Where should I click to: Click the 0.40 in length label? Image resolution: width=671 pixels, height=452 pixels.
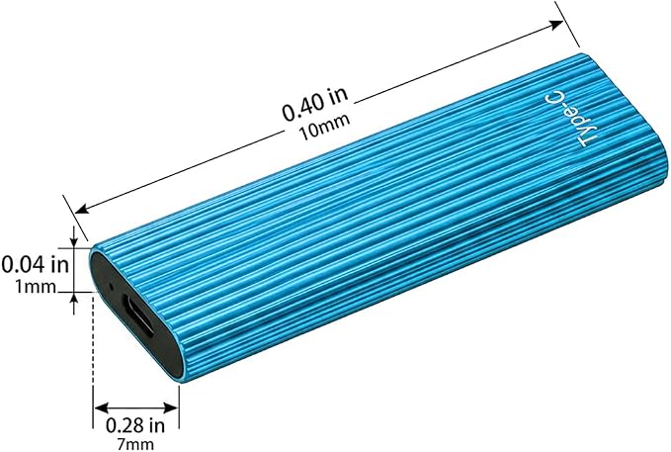tap(315, 104)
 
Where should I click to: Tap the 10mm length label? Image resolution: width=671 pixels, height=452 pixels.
tap(325, 128)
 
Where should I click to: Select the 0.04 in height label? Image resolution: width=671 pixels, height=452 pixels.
tap(36, 264)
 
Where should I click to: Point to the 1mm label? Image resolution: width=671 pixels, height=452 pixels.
tap(36, 287)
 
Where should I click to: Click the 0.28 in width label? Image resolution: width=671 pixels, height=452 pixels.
tap(135, 425)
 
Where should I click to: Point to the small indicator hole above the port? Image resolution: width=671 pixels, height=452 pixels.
tap(112, 286)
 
